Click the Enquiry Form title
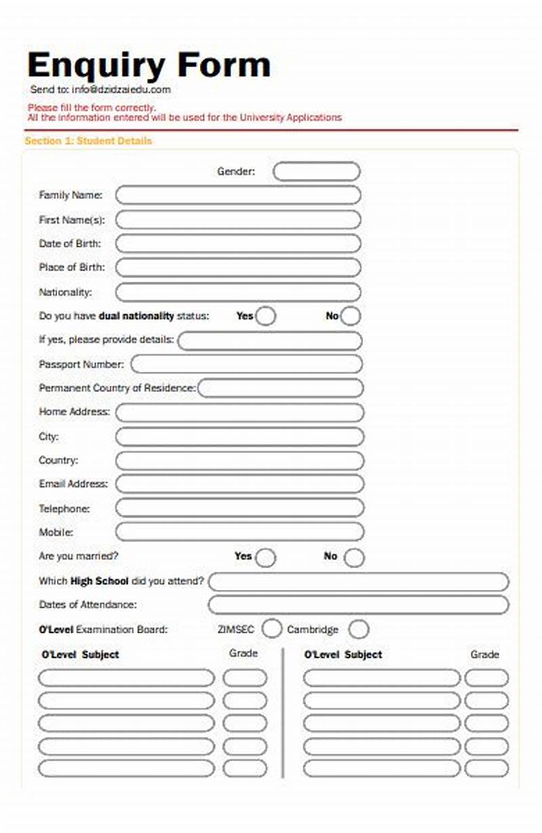coord(148,66)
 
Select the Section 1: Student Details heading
coord(88,141)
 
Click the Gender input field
coord(316,171)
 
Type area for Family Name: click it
coord(238,196)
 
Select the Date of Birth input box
coord(238,244)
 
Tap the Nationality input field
coord(238,293)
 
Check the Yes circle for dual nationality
coord(266,316)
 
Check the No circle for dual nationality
coord(350,316)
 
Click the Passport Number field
coord(246,364)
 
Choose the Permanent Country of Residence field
coord(280,389)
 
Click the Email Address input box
coord(239,484)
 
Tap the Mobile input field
coord(239,532)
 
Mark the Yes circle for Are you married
coord(266,557)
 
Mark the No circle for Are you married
coord(354,557)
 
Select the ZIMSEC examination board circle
coord(272,629)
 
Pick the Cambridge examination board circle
coord(358,629)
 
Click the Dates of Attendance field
coord(358,605)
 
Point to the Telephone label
coord(64,508)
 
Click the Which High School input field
coord(358,582)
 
